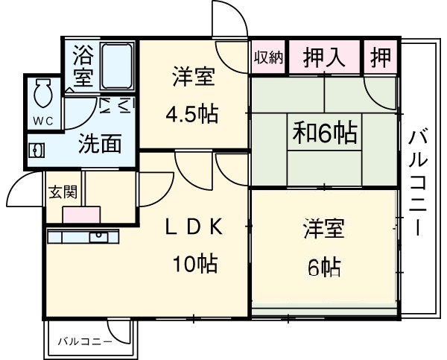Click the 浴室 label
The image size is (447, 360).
[82, 66]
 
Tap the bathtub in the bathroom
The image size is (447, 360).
[116, 67]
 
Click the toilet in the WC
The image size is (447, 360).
[42, 95]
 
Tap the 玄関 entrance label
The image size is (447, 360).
[62, 191]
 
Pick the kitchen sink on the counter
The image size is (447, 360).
[98, 237]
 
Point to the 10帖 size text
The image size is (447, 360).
[196, 263]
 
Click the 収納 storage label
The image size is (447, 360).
[267, 57]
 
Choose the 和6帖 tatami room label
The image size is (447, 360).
[324, 134]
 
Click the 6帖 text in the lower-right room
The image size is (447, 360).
[324, 265]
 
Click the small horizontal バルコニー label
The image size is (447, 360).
[86, 341]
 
